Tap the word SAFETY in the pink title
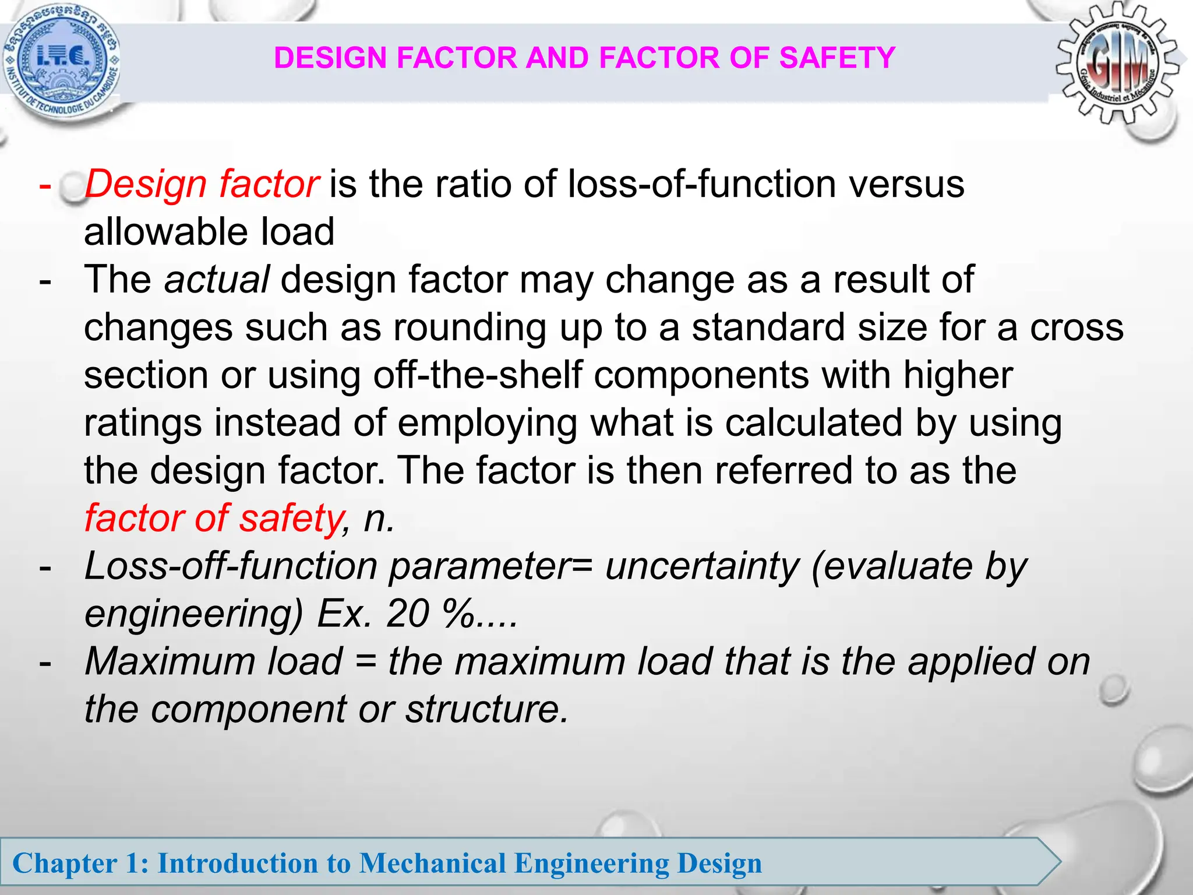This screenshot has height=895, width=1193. pos(836,58)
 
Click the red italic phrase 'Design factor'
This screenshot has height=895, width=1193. pos(202,185)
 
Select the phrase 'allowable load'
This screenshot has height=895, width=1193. pos(209,232)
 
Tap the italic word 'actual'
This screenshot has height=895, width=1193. pos(217,280)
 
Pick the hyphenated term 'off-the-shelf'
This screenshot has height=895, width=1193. pos(478,375)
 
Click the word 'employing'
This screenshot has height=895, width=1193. pos(488,423)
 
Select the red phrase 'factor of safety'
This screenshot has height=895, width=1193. pos(213,519)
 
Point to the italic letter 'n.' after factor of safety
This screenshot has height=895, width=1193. pos(379,519)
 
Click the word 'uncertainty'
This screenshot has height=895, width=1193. pos(702,566)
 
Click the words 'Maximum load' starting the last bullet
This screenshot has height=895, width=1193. pos(213,662)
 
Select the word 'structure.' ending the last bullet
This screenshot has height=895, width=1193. pos(486,710)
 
